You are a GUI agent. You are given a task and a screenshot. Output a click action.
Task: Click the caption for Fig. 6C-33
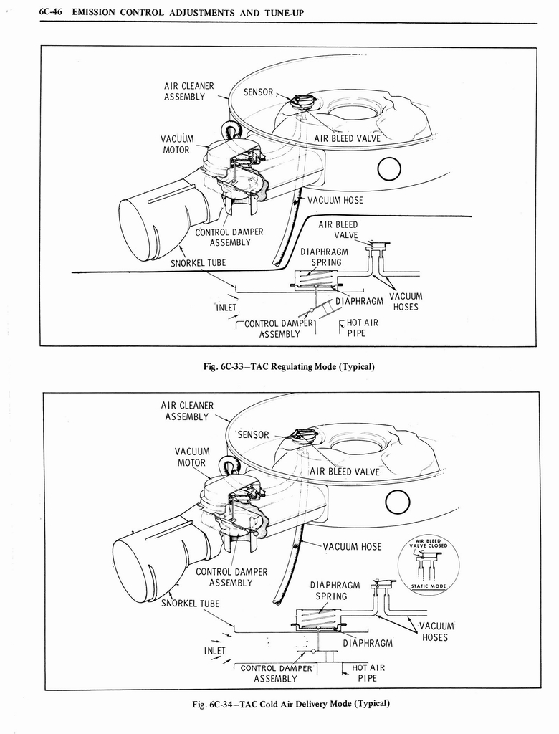[x=289, y=367]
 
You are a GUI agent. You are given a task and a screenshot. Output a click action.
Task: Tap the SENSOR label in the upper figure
[x=258, y=92]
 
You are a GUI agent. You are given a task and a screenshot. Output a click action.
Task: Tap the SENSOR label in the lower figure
[x=254, y=435]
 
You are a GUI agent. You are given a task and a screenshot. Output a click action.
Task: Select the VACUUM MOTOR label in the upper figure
[x=176, y=144]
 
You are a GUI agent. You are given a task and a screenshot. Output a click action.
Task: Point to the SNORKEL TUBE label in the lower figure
[x=190, y=603]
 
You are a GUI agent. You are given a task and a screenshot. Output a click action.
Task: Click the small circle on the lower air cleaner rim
[x=397, y=504]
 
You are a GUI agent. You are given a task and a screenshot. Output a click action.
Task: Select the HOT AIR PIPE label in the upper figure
[x=362, y=328]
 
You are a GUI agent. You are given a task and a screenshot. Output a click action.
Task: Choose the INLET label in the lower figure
[x=214, y=651]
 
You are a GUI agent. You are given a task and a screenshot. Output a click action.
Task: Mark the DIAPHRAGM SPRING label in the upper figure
[x=324, y=257]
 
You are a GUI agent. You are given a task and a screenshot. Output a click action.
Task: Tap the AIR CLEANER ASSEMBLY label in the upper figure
[x=188, y=91]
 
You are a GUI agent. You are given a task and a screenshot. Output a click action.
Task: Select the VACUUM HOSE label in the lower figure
[x=352, y=547]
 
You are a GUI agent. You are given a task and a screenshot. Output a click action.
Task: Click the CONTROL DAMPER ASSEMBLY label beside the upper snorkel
[x=229, y=237]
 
